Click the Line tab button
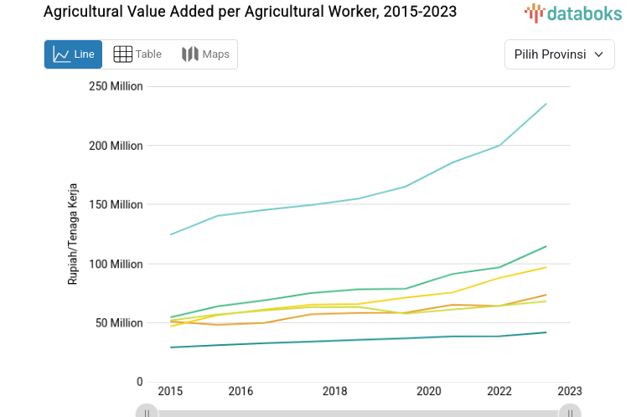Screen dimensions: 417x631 (73, 54)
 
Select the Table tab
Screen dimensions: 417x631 (137, 54)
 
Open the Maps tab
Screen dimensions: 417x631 (205, 54)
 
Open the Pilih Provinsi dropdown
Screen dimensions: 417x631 (559, 54)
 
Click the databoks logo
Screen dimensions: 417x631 (573, 13)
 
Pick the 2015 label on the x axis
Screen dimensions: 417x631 (170, 391)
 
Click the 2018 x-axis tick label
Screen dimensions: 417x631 (334, 391)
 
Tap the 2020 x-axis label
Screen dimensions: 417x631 (428, 391)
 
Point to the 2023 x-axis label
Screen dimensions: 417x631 (570, 391)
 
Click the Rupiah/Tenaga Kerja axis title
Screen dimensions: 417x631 (73, 234)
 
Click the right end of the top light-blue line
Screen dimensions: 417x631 (546, 104)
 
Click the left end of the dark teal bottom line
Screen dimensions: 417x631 (171, 347)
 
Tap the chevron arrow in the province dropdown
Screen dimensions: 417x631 (598, 54)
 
